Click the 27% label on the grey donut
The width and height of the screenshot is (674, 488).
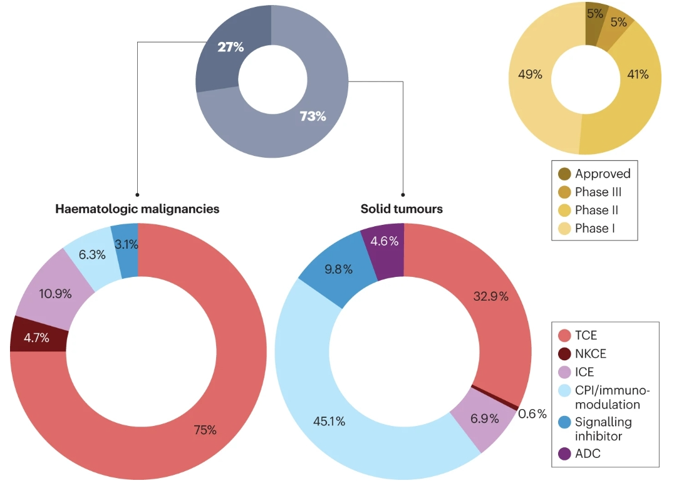click(230, 47)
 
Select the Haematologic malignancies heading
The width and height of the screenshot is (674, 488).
click(137, 209)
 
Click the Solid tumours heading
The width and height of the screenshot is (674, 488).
click(402, 209)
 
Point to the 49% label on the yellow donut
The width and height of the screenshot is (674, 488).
click(530, 75)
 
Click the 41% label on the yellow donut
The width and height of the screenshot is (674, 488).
click(638, 75)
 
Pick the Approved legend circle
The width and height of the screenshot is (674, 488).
click(564, 174)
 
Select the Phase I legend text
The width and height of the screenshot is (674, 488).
click(595, 228)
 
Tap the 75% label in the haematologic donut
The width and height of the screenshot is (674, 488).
click(204, 430)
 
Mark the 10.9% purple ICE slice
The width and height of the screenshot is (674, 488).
click(55, 293)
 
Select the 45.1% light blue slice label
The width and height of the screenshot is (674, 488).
click(329, 421)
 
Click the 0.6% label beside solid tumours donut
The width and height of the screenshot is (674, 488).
click(532, 414)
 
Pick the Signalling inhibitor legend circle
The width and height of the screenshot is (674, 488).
click(564, 422)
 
